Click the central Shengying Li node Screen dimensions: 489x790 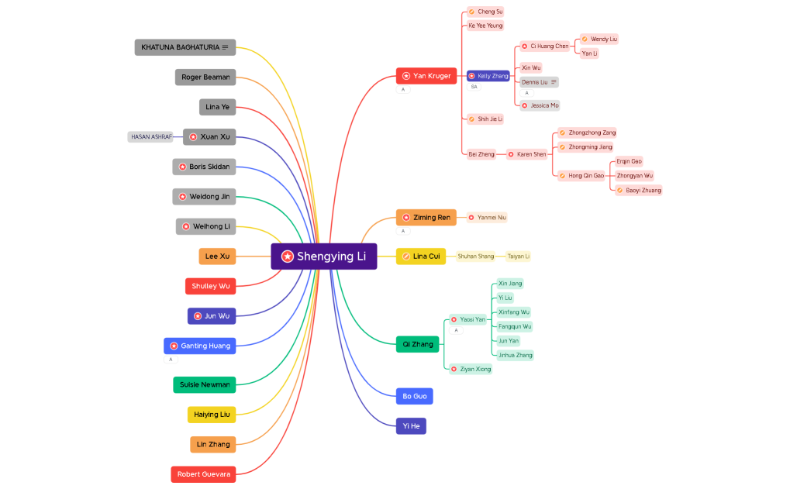324,257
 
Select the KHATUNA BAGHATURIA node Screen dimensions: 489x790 185,47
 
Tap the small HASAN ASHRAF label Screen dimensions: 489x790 150,136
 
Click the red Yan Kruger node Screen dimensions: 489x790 426,76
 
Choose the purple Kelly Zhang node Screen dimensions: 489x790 488,76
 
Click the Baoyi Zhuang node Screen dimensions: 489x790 639,190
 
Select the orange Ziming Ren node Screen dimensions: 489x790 426,218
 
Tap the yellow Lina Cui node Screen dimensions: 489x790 421,257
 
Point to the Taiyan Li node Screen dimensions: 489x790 519,257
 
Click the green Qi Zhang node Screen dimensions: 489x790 418,344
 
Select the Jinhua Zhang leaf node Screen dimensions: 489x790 515,355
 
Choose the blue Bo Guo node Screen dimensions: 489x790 414,396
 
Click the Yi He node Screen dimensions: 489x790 411,425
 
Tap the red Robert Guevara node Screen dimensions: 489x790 203,474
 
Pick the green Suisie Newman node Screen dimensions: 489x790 205,384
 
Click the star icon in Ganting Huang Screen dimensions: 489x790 174,346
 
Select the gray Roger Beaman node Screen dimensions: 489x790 205,77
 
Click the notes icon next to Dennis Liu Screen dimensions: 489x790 554,82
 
